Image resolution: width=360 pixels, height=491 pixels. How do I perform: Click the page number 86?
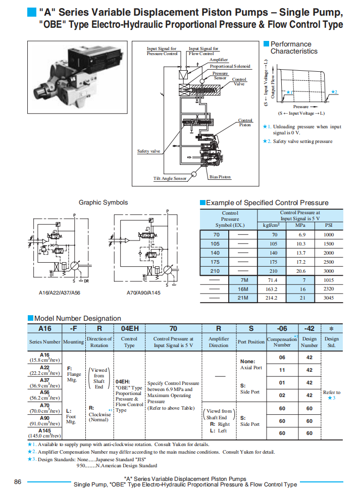(18, 481)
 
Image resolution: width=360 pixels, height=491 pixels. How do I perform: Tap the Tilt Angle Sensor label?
(170, 178)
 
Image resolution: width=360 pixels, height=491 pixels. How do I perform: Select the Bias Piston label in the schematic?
(220, 177)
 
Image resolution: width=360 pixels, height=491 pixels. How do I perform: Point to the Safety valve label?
(149, 151)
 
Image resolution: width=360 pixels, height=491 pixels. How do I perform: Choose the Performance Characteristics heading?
(293, 47)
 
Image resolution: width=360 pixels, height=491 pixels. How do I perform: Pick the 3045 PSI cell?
(329, 298)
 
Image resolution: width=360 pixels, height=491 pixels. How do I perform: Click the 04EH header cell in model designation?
(129, 327)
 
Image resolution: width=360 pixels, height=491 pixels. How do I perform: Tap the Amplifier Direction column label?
(219, 342)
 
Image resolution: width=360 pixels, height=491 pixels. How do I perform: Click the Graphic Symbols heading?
(103, 203)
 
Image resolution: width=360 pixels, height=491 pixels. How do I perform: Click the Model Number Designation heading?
(77, 318)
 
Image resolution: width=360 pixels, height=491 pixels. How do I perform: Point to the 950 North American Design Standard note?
(116, 465)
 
